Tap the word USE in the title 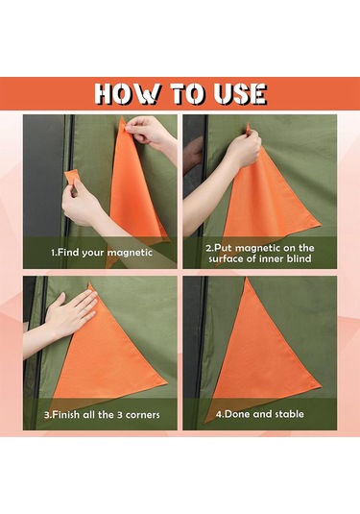click(240, 94)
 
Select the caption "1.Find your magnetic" click(102, 253)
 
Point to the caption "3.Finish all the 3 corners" click(102, 415)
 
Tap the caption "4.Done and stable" click(259, 414)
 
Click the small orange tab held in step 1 click(73, 177)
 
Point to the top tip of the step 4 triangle click(247, 278)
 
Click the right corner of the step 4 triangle click(320, 383)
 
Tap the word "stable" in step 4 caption click(289, 414)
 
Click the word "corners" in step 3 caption click(143, 415)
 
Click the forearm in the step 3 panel click(36, 336)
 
